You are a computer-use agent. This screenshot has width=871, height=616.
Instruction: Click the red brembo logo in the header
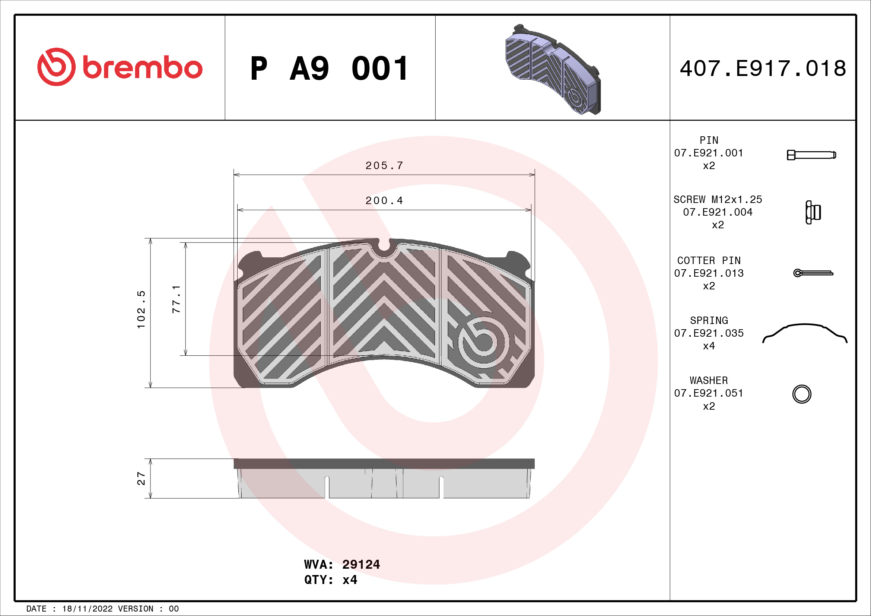120,67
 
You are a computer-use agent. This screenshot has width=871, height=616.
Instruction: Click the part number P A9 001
329,69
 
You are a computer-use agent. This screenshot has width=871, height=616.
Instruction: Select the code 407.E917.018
763,69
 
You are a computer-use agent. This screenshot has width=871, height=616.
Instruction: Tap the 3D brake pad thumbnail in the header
553,70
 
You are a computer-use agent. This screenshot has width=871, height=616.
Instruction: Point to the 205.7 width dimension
384,166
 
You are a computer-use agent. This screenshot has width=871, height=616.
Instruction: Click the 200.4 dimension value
384,201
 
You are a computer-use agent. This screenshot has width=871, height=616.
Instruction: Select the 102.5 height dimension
141,309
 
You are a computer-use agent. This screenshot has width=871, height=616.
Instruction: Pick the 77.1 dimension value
176,299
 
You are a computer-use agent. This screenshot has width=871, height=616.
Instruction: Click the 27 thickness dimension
141,478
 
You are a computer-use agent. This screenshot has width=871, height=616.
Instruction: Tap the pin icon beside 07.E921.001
811,155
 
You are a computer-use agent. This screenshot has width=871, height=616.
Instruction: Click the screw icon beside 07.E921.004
813,212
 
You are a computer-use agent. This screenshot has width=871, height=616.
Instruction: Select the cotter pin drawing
813,273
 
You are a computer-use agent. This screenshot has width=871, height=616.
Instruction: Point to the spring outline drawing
804,333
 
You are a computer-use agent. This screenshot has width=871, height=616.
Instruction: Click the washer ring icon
802,394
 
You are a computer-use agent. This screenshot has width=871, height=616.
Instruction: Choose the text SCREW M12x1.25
717,200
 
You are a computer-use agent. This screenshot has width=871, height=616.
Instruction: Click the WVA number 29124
361,564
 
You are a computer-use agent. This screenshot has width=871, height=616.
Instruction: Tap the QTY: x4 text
330,580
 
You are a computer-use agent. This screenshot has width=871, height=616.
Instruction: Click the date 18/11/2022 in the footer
87,609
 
